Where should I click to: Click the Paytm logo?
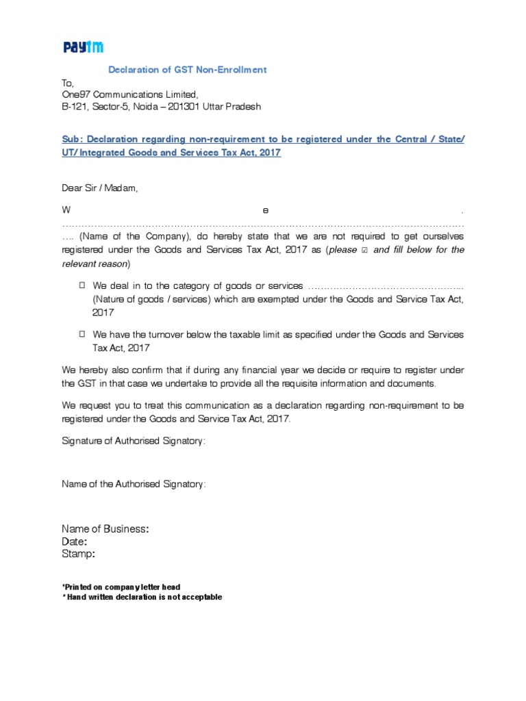[x=83, y=47]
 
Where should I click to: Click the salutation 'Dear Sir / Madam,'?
[x=100, y=188]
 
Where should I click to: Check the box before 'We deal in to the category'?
[x=82, y=284]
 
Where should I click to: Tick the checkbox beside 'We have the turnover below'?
[x=82, y=333]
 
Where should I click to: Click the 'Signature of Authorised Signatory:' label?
[x=134, y=441]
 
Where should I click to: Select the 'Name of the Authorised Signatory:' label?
[x=134, y=484]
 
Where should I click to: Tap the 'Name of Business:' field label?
[x=105, y=528]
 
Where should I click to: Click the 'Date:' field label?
[x=75, y=541]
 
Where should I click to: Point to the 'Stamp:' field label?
[x=78, y=553]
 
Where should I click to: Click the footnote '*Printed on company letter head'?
[x=121, y=587]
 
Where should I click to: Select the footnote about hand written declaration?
[x=142, y=597]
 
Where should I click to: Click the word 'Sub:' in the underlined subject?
[x=72, y=140]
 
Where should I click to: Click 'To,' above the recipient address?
[x=67, y=82]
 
